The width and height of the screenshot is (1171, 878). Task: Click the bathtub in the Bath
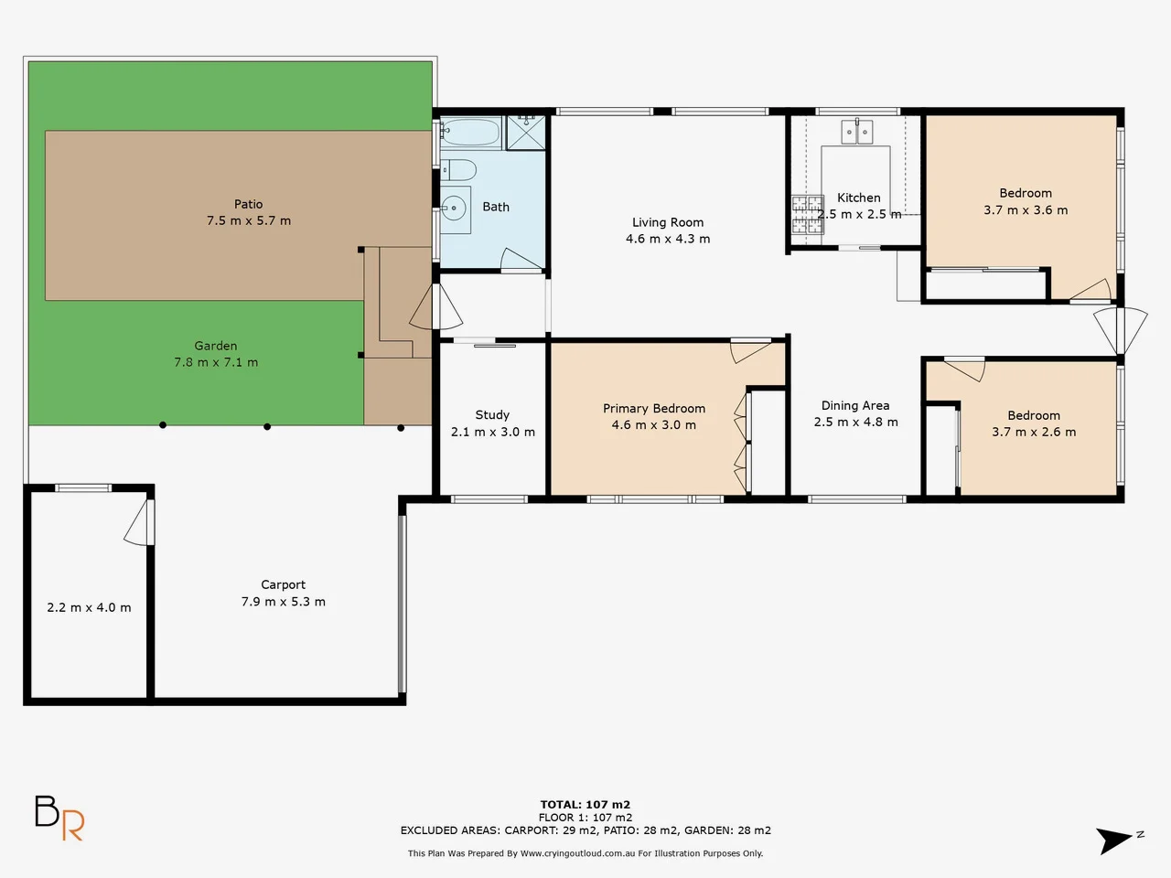(x=470, y=134)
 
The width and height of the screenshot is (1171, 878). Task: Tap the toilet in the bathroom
(x=459, y=170)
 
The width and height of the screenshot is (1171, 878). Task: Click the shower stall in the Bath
(x=525, y=132)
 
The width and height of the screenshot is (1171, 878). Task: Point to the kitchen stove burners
(x=808, y=215)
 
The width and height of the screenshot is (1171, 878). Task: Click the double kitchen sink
(x=857, y=133)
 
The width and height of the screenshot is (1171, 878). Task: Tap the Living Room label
(x=668, y=222)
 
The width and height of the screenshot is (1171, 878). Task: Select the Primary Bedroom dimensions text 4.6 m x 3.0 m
(x=653, y=425)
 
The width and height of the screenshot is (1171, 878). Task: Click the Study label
(x=492, y=415)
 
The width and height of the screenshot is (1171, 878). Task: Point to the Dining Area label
(x=854, y=406)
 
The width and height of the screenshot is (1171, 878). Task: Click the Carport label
(x=283, y=585)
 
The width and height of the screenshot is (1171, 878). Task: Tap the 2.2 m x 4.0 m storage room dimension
(x=89, y=607)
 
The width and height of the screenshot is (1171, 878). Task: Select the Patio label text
(x=248, y=205)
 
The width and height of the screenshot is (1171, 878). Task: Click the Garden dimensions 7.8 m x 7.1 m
(x=216, y=362)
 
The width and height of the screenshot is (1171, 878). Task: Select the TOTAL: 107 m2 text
(x=585, y=805)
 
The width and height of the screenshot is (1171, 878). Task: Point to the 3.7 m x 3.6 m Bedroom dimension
(x=1026, y=210)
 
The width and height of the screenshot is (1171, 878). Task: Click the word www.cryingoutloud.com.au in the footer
(x=577, y=853)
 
